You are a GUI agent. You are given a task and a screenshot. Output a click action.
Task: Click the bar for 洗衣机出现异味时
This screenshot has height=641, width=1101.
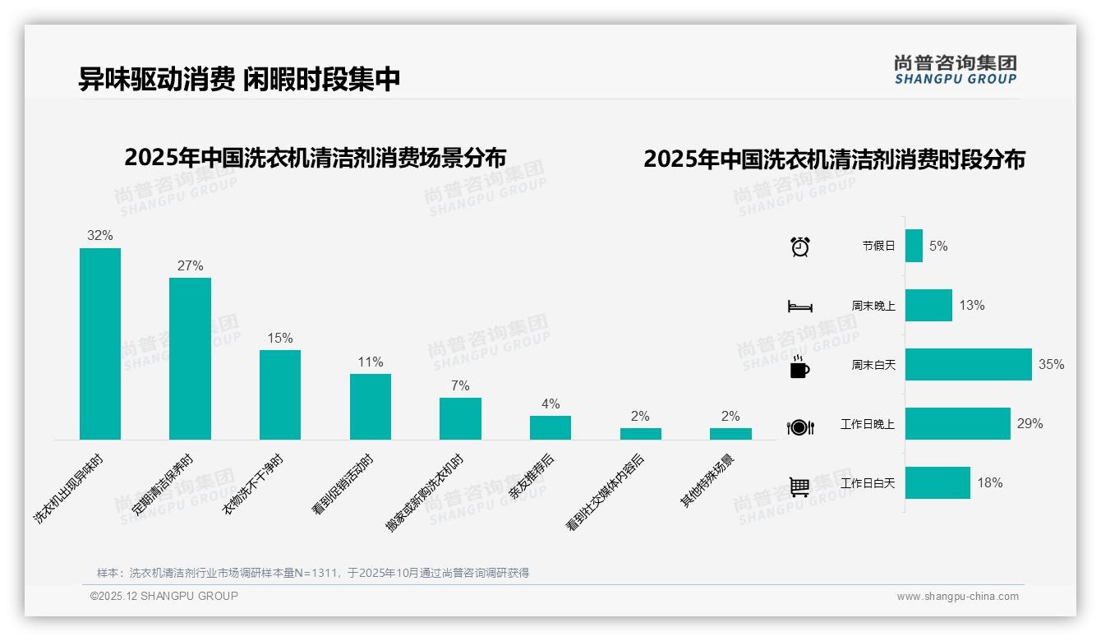click(x=99, y=344)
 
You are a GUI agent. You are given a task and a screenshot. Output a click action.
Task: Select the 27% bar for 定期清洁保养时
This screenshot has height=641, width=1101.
click(x=190, y=358)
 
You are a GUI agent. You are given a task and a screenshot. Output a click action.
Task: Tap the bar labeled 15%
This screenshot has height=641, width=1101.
click(x=280, y=394)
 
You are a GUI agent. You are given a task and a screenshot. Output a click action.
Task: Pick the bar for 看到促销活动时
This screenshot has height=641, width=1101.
click(x=370, y=406)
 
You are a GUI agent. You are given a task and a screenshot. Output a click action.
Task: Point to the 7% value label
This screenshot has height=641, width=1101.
click(x=460, y=385)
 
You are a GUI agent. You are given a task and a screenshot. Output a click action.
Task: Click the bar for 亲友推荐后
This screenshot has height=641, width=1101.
click(x=550, y=427)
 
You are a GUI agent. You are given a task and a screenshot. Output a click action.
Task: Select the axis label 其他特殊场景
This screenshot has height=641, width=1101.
click(x=708, y=481)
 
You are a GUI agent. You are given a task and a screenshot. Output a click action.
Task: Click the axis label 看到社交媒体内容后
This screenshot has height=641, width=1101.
click(x=606, y=491)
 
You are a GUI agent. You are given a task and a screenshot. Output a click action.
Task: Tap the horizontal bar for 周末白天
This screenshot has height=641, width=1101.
click(x=968, y=364)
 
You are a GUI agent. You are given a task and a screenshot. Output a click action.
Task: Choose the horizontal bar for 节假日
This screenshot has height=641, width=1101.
click(x=914, y=246)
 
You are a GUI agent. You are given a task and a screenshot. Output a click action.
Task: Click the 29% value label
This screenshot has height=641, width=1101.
click(x=1030, y=423)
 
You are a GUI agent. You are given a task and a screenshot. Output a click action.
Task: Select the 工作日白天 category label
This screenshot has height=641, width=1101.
click(x=868, y=483)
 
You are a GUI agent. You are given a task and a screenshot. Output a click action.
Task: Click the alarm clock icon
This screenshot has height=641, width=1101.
click(x=799, y=247)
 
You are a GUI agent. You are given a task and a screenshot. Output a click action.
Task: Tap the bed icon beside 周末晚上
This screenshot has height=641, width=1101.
click(x=799, y=307)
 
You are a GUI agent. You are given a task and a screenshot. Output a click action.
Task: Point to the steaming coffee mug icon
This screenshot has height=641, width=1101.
click(x=799, y=367)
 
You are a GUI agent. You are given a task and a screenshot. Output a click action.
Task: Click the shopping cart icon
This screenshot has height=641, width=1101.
click(x=799, y=487)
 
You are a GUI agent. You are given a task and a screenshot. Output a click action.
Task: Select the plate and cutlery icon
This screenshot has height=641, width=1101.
click(x=799, y=427)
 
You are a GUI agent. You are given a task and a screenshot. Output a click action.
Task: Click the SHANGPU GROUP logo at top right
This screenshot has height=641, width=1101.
click(x=956, y=70)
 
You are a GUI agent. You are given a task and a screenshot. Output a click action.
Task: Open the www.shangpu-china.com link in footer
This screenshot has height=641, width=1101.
click(x=957, y=597)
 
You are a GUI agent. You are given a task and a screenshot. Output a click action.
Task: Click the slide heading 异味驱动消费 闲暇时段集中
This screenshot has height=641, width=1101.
click(x=239, y=79)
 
